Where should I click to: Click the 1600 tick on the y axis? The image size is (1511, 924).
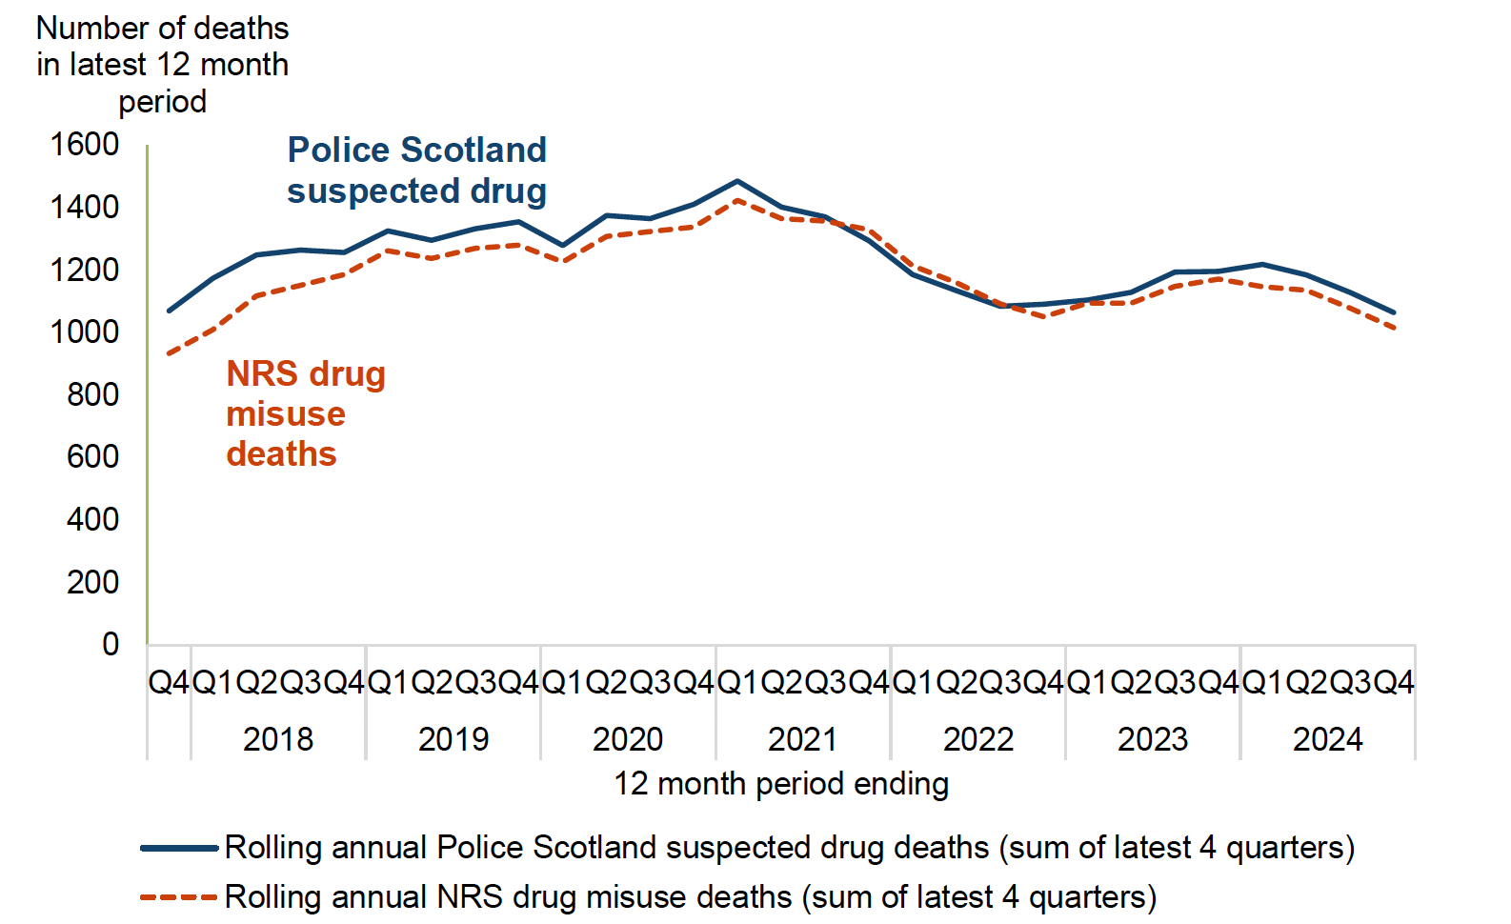(84, 145)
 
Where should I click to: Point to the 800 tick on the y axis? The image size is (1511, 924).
(92, 394)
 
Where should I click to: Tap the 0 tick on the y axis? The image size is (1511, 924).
(111, 645)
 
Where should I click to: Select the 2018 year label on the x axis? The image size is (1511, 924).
(277, 739)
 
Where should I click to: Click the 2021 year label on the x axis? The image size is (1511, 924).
(802, 739)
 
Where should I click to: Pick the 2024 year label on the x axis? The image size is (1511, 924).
(1327, 739)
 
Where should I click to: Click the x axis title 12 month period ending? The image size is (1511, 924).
(780, 784)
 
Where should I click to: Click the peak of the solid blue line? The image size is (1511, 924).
(737, 181)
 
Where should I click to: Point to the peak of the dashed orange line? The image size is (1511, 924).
(737, 200)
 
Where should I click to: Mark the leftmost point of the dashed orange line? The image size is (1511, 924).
(169, 353)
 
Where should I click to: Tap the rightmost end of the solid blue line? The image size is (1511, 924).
(1394, 312)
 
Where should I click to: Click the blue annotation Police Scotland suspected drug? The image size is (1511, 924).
(416, 171)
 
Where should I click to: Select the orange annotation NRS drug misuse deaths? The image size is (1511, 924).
(305, 413)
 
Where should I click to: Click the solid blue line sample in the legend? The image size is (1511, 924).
(179, 848)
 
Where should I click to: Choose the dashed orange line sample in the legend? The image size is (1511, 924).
(179, 897)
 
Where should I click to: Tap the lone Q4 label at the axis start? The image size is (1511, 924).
(169, 682)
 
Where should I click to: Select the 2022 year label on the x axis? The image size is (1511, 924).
(977, 739)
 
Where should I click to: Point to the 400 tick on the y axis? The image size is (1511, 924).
(92, 520)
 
